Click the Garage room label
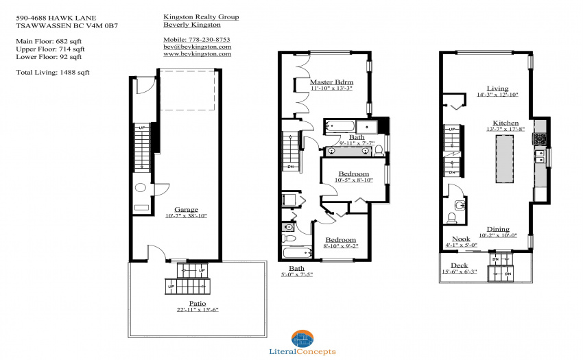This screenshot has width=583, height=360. click(186, 209)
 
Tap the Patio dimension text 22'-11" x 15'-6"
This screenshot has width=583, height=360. click(198, 310)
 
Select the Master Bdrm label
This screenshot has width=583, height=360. click(332, 82)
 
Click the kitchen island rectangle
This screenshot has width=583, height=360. click(505, 159)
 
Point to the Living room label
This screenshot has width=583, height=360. click(497, 88)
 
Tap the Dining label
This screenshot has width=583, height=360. click(498, 229)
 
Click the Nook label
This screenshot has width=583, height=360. click(461, 239)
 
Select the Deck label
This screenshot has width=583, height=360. click(459, 265)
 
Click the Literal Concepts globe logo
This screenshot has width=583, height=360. click(302, 339)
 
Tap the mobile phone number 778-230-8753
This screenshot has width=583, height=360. click(209, 39)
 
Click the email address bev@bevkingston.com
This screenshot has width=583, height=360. click(197, 47)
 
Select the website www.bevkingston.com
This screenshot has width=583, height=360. click(197, 53)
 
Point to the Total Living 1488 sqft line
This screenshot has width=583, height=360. click(52, 72)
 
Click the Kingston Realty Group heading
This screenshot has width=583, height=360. click(201, 16)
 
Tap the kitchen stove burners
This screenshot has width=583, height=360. click(540, 139)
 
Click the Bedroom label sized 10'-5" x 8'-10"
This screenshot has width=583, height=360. click(354, 173)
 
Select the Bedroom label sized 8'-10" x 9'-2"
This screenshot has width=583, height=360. click(341, 240)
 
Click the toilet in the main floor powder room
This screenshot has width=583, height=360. click(452, 217)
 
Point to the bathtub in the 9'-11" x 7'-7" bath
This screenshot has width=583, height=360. click(340, 126)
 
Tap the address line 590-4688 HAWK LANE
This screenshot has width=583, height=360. click(56, 18)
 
